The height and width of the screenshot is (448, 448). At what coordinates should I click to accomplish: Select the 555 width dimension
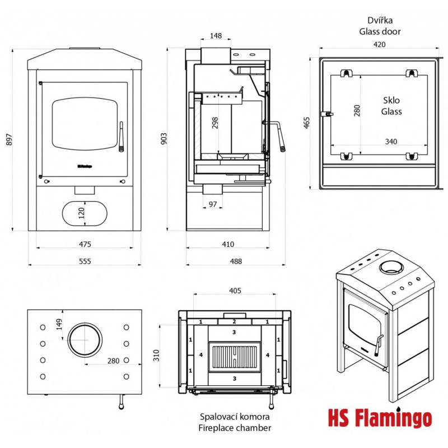[x=85, y=261]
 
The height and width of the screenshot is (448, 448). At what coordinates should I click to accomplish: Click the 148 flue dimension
[x=216, y=36]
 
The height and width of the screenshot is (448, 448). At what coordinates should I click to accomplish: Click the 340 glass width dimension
[x=390, y=142]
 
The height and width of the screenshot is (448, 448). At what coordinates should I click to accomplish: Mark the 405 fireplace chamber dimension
[x=235, y=290]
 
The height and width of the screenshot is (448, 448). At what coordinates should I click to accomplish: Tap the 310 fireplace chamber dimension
[x=157, y=355]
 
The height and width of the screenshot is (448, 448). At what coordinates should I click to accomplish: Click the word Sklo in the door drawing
[x=391, y=101]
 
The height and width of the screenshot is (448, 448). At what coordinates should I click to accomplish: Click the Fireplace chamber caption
[x=235, y=428]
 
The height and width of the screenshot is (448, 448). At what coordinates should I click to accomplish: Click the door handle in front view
[x=121, y=136]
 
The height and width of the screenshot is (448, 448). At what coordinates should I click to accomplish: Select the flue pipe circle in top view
[x=85, y=339]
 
